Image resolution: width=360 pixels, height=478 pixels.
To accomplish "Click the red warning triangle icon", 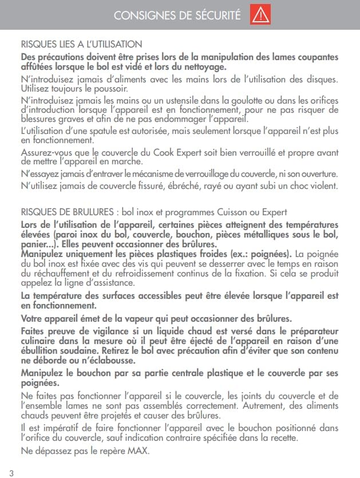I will [260, 15].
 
